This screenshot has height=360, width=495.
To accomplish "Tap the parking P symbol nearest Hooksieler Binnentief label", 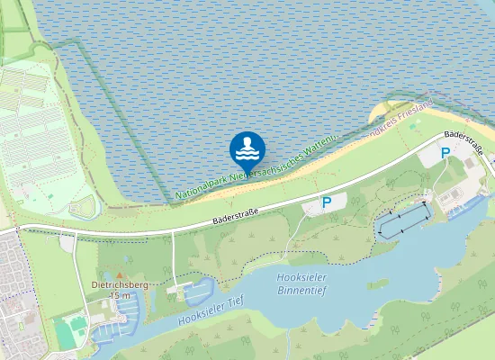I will click(327, 203).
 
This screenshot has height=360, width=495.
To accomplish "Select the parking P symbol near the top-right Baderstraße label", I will click(445, 154).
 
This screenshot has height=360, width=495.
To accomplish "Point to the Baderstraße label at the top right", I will click(463, 141).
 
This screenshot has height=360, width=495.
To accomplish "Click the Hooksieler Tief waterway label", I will click(211, 312).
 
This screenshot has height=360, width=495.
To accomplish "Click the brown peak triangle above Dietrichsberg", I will click(121, 273).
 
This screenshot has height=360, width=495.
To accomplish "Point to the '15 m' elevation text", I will click(120, 295).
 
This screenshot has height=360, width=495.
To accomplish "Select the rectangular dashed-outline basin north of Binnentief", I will click(403, 219).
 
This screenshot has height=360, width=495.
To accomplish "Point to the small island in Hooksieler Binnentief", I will click(377, 283).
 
